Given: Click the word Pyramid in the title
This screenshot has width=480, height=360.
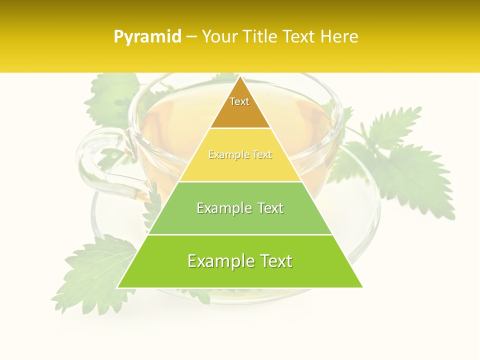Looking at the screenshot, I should coord(147,37).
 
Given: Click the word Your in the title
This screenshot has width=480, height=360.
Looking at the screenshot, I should coord(219,36).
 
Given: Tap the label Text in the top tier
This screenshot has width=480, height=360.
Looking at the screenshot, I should coord(239,101).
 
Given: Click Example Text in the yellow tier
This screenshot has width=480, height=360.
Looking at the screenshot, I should coord(240,155).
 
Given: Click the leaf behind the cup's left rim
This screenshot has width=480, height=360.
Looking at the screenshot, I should coord(110,97).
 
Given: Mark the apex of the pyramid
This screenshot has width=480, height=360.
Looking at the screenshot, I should coord(240,77).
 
